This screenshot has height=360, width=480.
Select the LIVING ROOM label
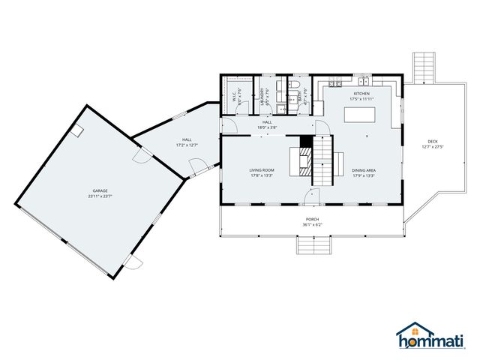pos(262,170)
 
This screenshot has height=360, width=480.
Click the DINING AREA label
pos(364,170)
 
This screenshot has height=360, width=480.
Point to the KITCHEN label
pos(361,93)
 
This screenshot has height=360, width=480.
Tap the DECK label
pos(433,141)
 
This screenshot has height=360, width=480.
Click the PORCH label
pos(311,219)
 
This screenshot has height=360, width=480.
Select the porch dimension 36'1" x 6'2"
pos(311,225)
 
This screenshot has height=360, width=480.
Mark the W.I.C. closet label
pos(235,96)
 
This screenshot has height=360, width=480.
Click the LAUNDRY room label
pos(262,96)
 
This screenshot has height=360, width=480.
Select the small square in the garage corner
pos(76,130)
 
